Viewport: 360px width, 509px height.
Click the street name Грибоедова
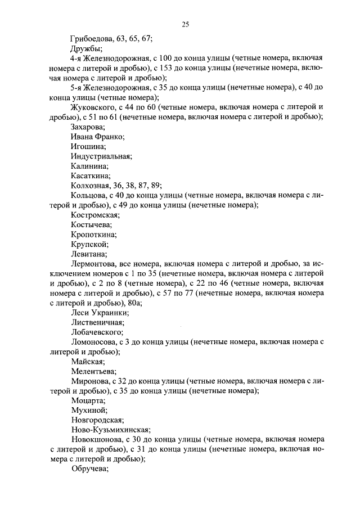point(92,39)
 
